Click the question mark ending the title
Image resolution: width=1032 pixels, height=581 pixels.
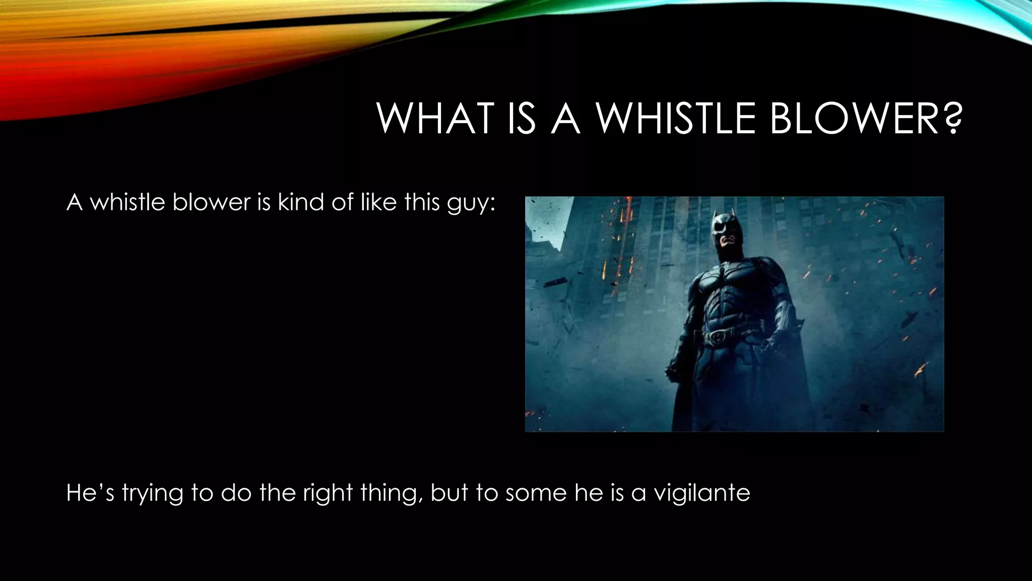[x=949, y=119]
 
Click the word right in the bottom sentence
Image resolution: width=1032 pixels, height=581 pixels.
[x=327, y=493]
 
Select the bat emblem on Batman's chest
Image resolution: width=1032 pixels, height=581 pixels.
[x=726, y=275]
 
